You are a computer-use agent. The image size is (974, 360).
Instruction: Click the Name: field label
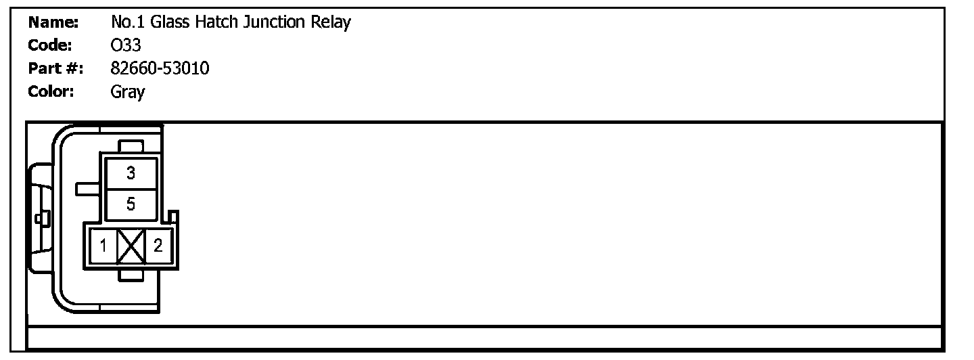[53, 23]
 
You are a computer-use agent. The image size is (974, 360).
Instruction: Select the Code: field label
[51, 45]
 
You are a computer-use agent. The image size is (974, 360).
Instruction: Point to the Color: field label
[51, 91]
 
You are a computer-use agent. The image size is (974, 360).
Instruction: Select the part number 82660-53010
[160, 68]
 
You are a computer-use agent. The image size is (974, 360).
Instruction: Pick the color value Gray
[128, 92]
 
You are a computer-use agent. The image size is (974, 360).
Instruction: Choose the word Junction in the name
[275, 23]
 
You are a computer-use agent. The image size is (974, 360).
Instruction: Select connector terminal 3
[131, 173]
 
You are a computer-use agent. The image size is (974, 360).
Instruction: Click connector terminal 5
[131, 204]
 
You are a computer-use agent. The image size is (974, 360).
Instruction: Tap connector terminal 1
[103, 246]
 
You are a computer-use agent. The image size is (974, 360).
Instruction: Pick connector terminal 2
[158, 246]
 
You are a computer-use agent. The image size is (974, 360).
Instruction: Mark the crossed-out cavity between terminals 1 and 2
[131, 246]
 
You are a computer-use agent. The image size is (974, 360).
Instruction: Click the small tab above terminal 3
[131, 146]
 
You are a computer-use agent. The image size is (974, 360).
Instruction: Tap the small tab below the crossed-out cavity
[131, 274]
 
